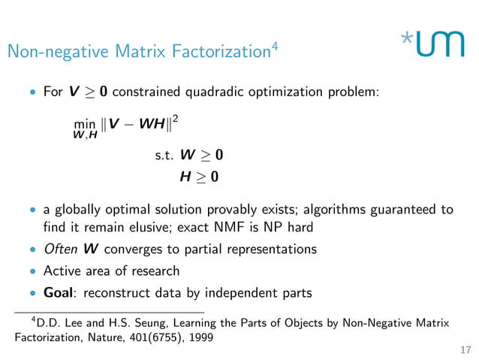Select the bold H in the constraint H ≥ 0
tap(185, 177)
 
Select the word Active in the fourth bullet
tap(62, 271)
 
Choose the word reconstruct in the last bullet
tap(124, 293)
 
